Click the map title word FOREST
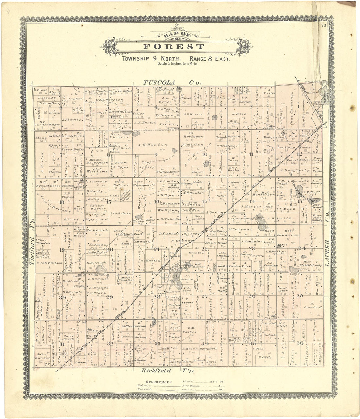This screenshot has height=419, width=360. (x=174, y=47)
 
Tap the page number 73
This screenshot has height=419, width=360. (x=324, y=25)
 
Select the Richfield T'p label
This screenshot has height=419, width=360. (x=168, y=371)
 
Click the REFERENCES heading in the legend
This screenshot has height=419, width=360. (x=159, y=382)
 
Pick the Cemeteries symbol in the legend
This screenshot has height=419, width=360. (x=220, y=390)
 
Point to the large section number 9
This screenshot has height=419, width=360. (x=156, y=154)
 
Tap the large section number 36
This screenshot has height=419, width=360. (x=300, y=343)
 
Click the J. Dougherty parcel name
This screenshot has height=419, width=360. (x=295, y=170)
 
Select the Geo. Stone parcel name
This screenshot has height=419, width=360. (x=286, y=148)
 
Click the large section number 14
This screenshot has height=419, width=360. (x=252, y=201)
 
